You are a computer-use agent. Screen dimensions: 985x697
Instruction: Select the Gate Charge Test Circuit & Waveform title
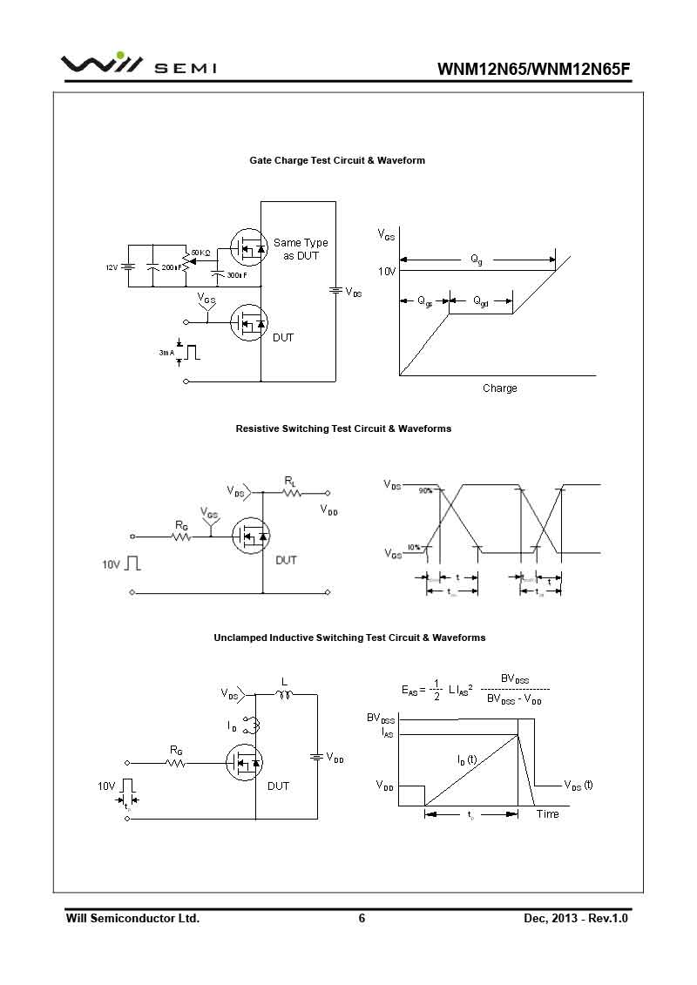[x=337, y=160]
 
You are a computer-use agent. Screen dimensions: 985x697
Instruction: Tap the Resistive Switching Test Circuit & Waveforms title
[x=343, y=428]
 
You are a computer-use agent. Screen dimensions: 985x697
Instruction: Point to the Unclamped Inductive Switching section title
[x=349, y=638]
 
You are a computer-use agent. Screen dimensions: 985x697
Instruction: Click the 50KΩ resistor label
[x=200, y=253]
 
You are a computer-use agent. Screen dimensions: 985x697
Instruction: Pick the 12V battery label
[x=112, y=267]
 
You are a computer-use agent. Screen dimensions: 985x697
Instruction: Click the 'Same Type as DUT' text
[x=301, y=249]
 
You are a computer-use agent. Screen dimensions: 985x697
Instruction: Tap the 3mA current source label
[x=166, y=353]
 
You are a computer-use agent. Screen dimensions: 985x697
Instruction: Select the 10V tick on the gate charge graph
[x=387, y=272]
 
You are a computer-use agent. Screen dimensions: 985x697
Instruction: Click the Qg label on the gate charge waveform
[x=477, y=259]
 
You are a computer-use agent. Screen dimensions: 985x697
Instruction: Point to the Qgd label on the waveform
[x=480, y=301]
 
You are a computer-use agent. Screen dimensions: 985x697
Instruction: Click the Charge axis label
[x=499, y=388]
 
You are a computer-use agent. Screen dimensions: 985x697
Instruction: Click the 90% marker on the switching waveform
[x=425, y=491]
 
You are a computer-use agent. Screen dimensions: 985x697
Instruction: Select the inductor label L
[x=284, y=682]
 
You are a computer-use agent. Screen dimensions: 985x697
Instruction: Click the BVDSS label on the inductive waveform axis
[x=381, y=719]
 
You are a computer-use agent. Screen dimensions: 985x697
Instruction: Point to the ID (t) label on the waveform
[x=467, y=759]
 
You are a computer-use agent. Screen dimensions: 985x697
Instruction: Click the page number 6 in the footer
[x=362, y=918]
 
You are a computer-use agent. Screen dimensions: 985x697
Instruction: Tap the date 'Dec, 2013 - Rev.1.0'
[x=576, y=918]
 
